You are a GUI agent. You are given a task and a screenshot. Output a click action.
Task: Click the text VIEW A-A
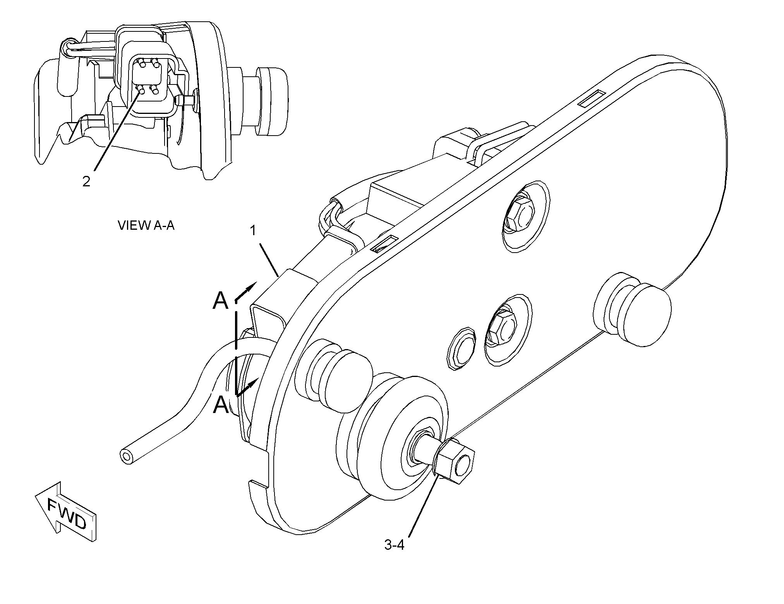pyautogui.click(x=146, y=225)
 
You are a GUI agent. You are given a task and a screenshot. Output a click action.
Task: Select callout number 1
pyautogui.click(x=253, y=231)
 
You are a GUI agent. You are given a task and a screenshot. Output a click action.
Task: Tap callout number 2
pyautogui.click(x=86, y=181)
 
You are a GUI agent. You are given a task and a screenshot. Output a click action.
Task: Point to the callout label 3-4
pyautogui.click(x=394, y=545)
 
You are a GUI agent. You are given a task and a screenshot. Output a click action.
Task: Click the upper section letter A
pyautogui.click(x=221, y=301)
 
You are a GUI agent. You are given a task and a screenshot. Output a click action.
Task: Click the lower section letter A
pyautogui.click(x=221, y=405)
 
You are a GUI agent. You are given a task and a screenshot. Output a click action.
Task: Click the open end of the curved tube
pyautogui.click(x=126, y=456)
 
